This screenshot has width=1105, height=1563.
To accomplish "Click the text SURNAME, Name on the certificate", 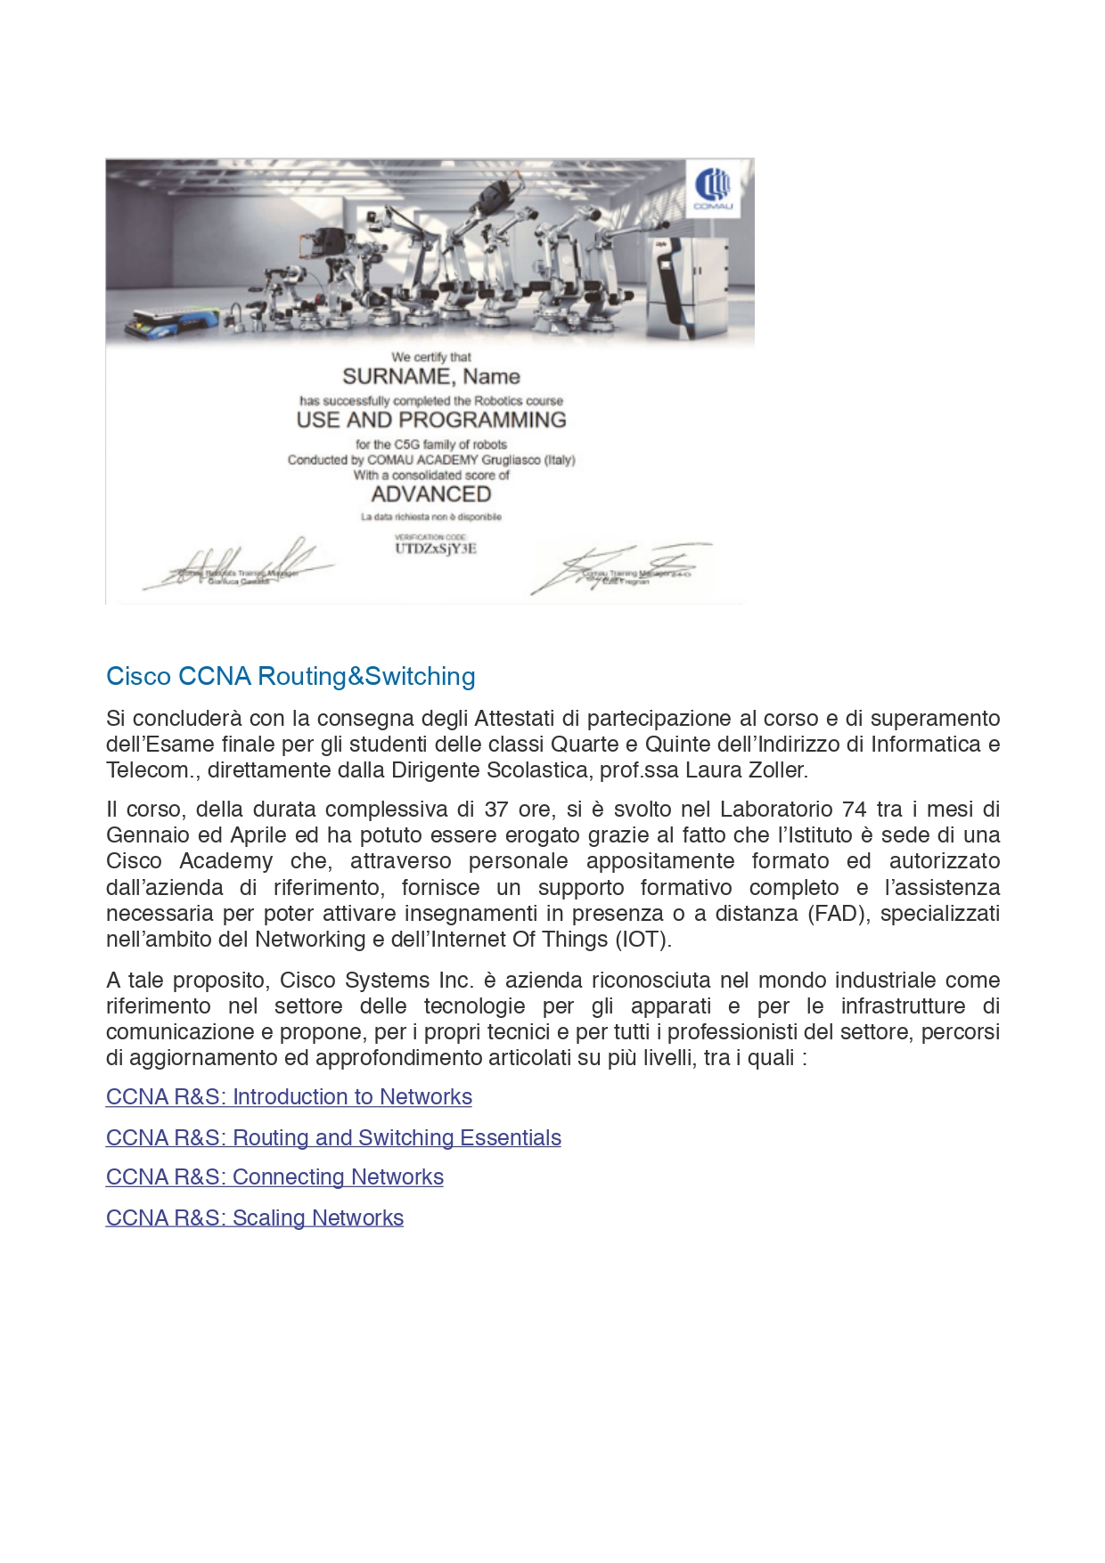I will [x=431, y=377].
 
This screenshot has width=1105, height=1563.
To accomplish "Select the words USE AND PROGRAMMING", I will [x=431, y=419].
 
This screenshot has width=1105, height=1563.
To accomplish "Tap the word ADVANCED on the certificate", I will [x=431, y=494].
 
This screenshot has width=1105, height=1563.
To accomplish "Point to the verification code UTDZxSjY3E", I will [x=436, y=549].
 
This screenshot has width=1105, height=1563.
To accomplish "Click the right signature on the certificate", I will [x=624, y=568].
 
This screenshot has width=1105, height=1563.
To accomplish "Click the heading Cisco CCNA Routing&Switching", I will [x=291, y=677].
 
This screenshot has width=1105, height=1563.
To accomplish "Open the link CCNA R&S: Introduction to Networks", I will [x=289, y=1097].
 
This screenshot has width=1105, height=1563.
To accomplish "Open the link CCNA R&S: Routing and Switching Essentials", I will [x=333, y=1138].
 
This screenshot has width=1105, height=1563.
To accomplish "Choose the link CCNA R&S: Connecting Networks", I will [x=274, y=1177].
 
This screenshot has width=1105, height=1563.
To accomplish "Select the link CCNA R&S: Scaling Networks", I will [x=255, y=1218].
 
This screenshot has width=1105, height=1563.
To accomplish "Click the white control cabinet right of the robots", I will [x=686, y=285].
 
